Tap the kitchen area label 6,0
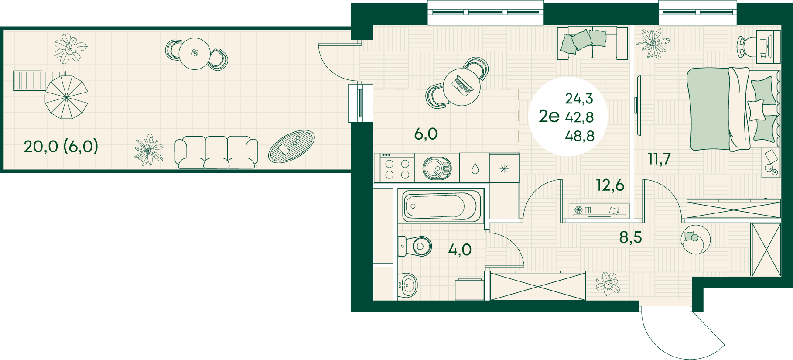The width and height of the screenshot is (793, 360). [x=426, y=134]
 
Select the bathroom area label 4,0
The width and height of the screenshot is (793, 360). [x=460, y=250]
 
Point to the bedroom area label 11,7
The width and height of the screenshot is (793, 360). [x=659, y=159]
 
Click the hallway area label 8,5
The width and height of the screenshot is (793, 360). [x=630, y=237]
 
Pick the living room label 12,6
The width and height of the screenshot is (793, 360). [x=610, y=185]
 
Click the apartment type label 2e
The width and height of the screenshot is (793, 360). [x=549, y=116]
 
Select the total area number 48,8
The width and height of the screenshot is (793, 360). [x=580, y=136]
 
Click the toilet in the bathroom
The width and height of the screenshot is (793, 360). [x=415, y=246]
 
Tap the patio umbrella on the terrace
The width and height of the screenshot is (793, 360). [x=66, y=97]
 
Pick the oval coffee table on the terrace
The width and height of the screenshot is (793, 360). [x=291, y=146]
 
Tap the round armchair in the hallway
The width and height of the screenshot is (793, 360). [x=696, y=239]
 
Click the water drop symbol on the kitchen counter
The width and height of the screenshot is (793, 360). [x=475, y=168]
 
